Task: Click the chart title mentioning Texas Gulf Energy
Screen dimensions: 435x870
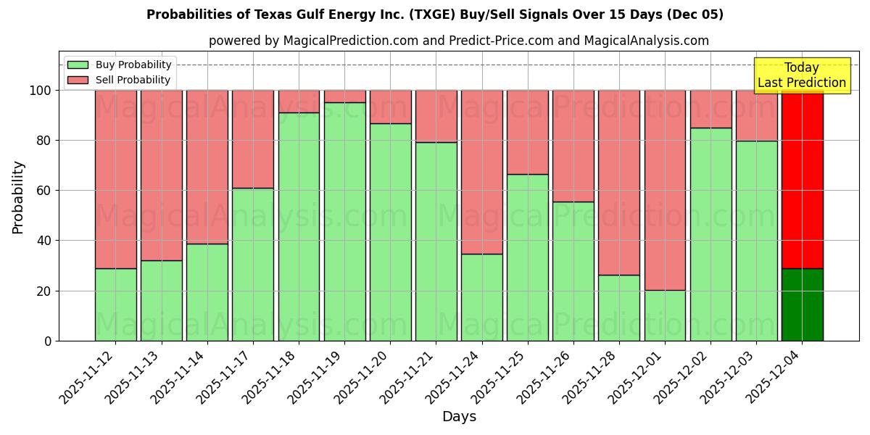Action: [x=435, y=14]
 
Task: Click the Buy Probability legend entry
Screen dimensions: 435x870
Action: [x=133, y=65]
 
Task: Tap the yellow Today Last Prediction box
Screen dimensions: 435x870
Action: [x=801, y=75]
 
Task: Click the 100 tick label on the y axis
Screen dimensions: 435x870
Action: [x=41, y=91]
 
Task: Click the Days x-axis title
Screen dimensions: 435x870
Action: [x=459, y=417]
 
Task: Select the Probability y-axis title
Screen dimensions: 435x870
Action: [x=18, y=197]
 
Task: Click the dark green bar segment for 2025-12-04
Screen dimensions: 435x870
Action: [x=802, y=304]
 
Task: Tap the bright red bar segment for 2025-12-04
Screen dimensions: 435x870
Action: [x=802, y=179]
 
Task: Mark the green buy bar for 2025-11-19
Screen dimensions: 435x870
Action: [x=344, y=221]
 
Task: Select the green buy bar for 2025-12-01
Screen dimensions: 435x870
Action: [x=665, y=315]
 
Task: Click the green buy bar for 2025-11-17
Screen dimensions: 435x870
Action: [x=253, y=265]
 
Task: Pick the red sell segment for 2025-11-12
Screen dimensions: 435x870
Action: [x=115, y=179]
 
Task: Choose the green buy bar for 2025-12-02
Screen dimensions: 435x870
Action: [x=710, y=234]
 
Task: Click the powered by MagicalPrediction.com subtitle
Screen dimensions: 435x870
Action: [x=459, y=41]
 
